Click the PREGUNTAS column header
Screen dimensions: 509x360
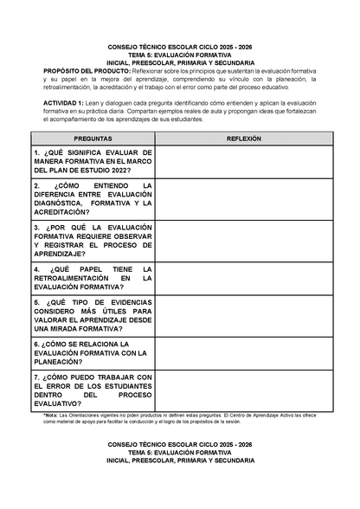93,138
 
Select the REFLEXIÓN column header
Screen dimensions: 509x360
243,138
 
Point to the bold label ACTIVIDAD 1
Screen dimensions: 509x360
64,103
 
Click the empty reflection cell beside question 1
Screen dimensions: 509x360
243,162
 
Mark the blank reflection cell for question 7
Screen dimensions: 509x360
243,390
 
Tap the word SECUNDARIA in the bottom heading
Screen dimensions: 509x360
231,461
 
